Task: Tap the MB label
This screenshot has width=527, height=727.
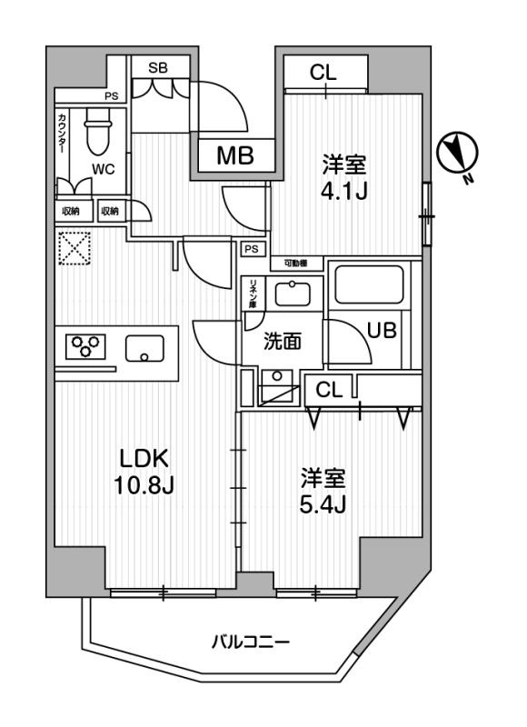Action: [x=234, y=155]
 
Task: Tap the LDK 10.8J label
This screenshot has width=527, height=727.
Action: [x=142, y=471]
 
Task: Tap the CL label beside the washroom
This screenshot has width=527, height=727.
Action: [x=328, y=390]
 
